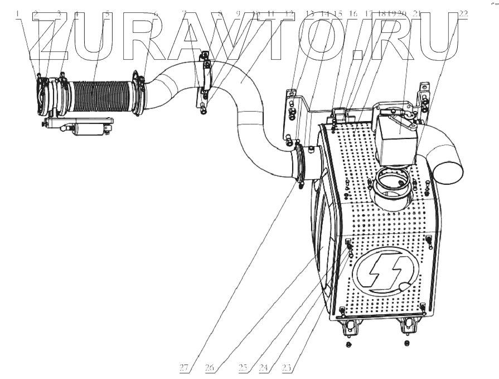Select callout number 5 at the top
107,12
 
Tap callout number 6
156,12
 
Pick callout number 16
352,12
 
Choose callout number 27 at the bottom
184,367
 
